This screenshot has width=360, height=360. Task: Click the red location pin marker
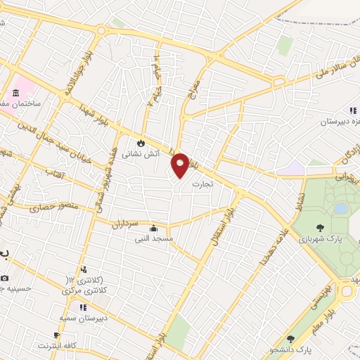[x=181, y=165]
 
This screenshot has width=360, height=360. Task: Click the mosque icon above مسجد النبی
[x=153, y=228]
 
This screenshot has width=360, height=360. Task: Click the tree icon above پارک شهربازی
[x=321, y=228]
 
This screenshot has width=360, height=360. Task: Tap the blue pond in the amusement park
[x=341, y=208]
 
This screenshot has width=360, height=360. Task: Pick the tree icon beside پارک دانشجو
[x=290, y=339]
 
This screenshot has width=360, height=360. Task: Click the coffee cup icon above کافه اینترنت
[x=56, y=335]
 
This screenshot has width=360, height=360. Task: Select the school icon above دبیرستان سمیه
[x=83, y=307]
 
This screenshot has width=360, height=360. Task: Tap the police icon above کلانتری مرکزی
[x=84, y=269]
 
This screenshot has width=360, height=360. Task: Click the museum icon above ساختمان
[x=15, y=94]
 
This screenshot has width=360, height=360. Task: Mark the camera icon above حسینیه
[x=6, y=278]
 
